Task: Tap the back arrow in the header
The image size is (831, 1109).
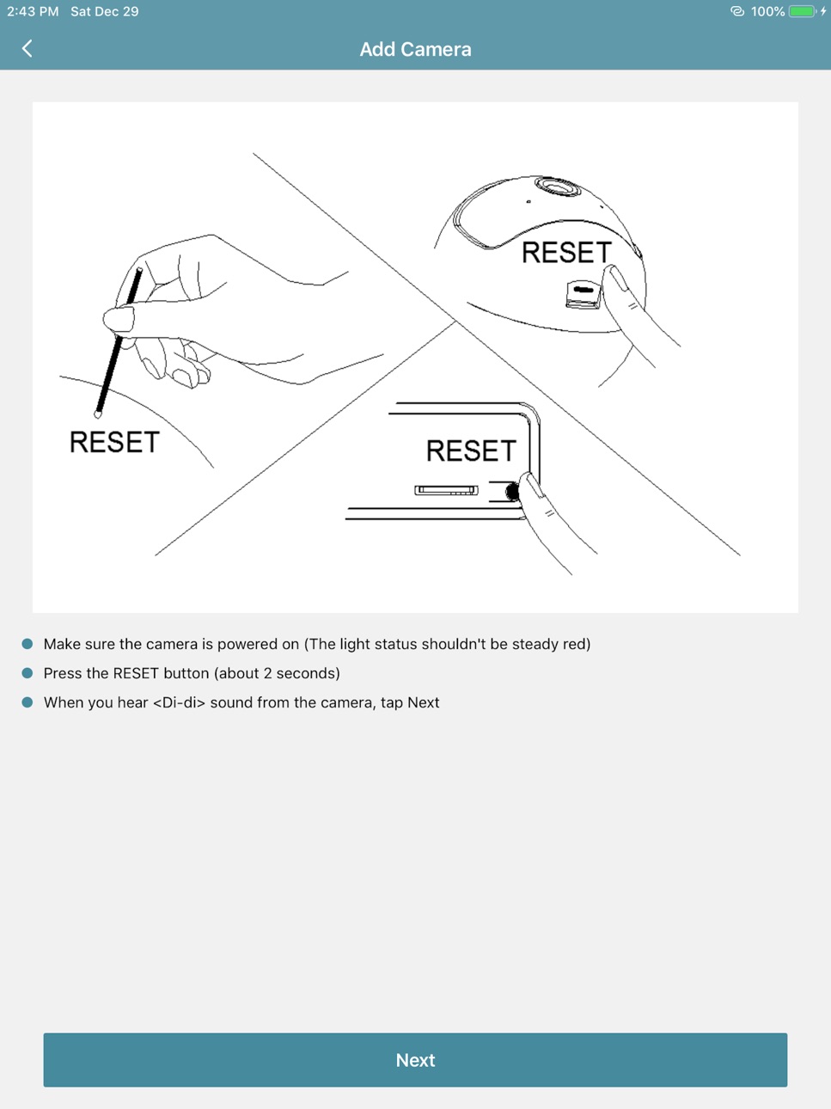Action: click(x=27, y=48)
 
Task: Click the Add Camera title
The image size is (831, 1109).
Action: click(x=416, y=50)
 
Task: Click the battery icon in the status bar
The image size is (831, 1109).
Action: click(x=804, y=11)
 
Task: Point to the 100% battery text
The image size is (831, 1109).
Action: click(x=767, y=11)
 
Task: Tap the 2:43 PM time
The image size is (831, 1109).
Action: click(x=33, y=11)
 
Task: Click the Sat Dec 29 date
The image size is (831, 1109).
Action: click(x=105, y=11)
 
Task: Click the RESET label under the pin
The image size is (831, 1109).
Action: click(x=114, y=442)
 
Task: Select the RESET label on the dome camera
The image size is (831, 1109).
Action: click(x=566, y=252)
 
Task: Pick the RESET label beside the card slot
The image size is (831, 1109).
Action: click(x=471, y=450)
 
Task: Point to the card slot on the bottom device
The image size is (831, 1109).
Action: click(x=446, y=490)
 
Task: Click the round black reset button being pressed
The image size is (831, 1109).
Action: click(x=512, y=491)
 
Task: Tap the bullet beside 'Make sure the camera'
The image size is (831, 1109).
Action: click(x=27, y=644)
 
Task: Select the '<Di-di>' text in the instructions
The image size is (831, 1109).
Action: click(x=180, y=702)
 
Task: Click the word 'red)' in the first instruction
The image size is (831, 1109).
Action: click(x=577, y=644)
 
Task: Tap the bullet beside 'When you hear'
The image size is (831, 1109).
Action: click(x=27, y=702)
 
